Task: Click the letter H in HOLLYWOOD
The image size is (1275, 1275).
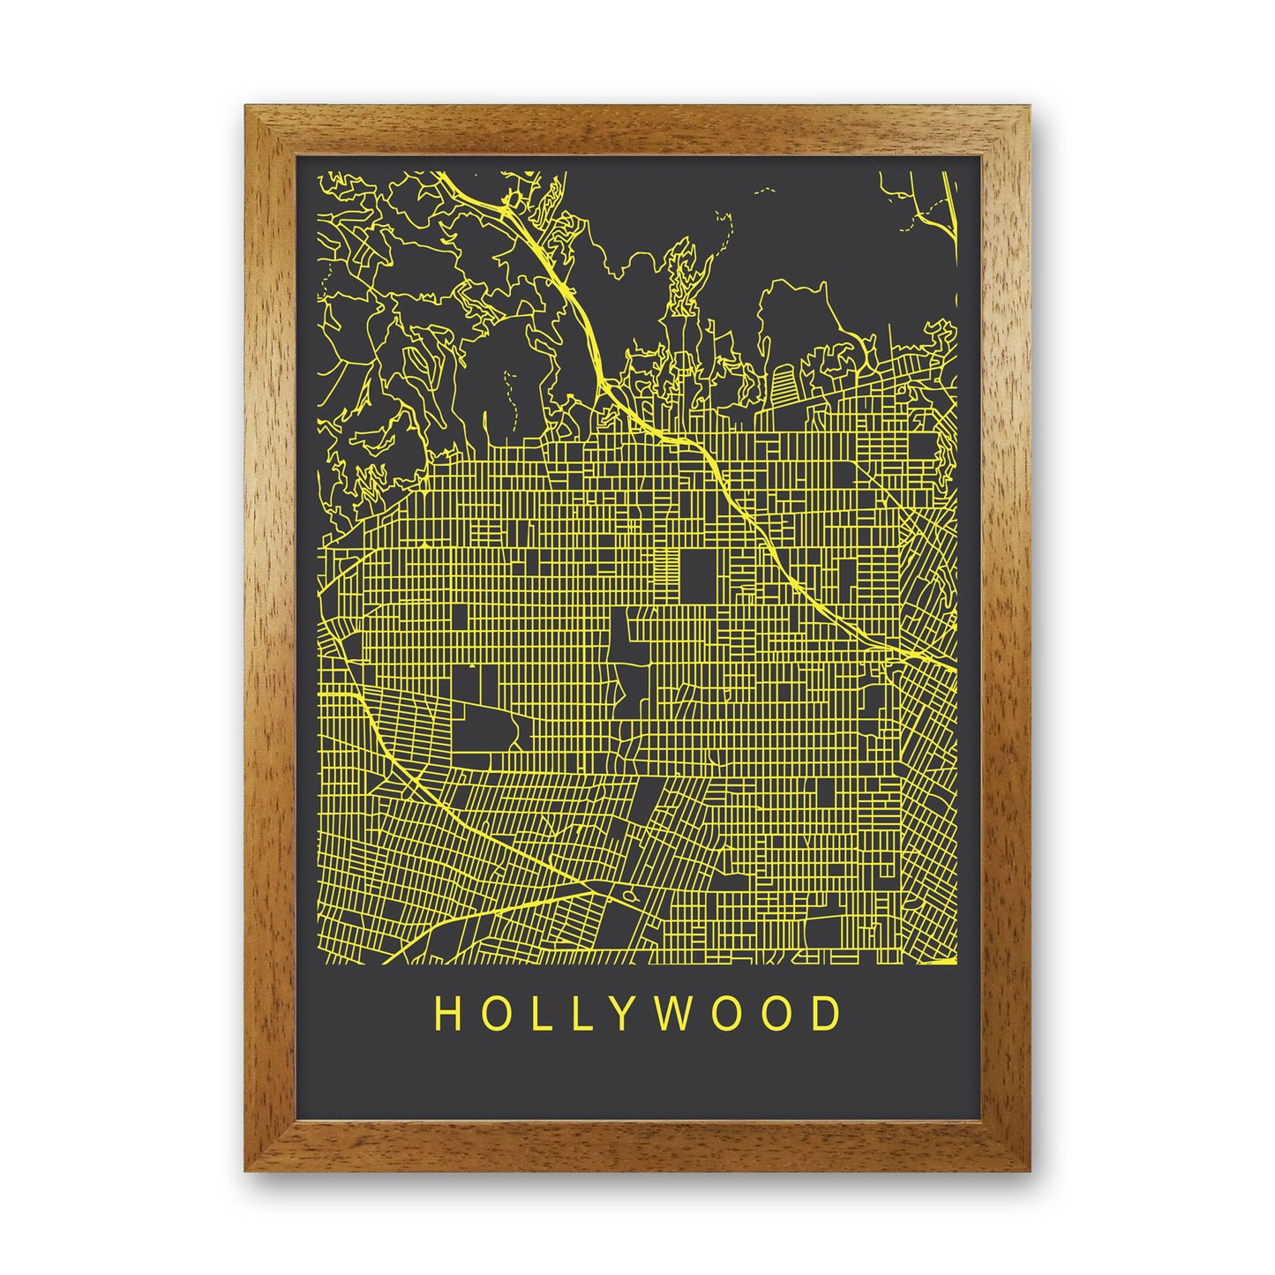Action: (446, 1015)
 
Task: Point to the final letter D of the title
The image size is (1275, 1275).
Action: (827, 1015)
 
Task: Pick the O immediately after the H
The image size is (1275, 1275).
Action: (493, 1015)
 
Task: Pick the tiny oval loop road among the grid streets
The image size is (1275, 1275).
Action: (627, 896)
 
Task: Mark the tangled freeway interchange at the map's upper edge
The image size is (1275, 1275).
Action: (510, 207)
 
